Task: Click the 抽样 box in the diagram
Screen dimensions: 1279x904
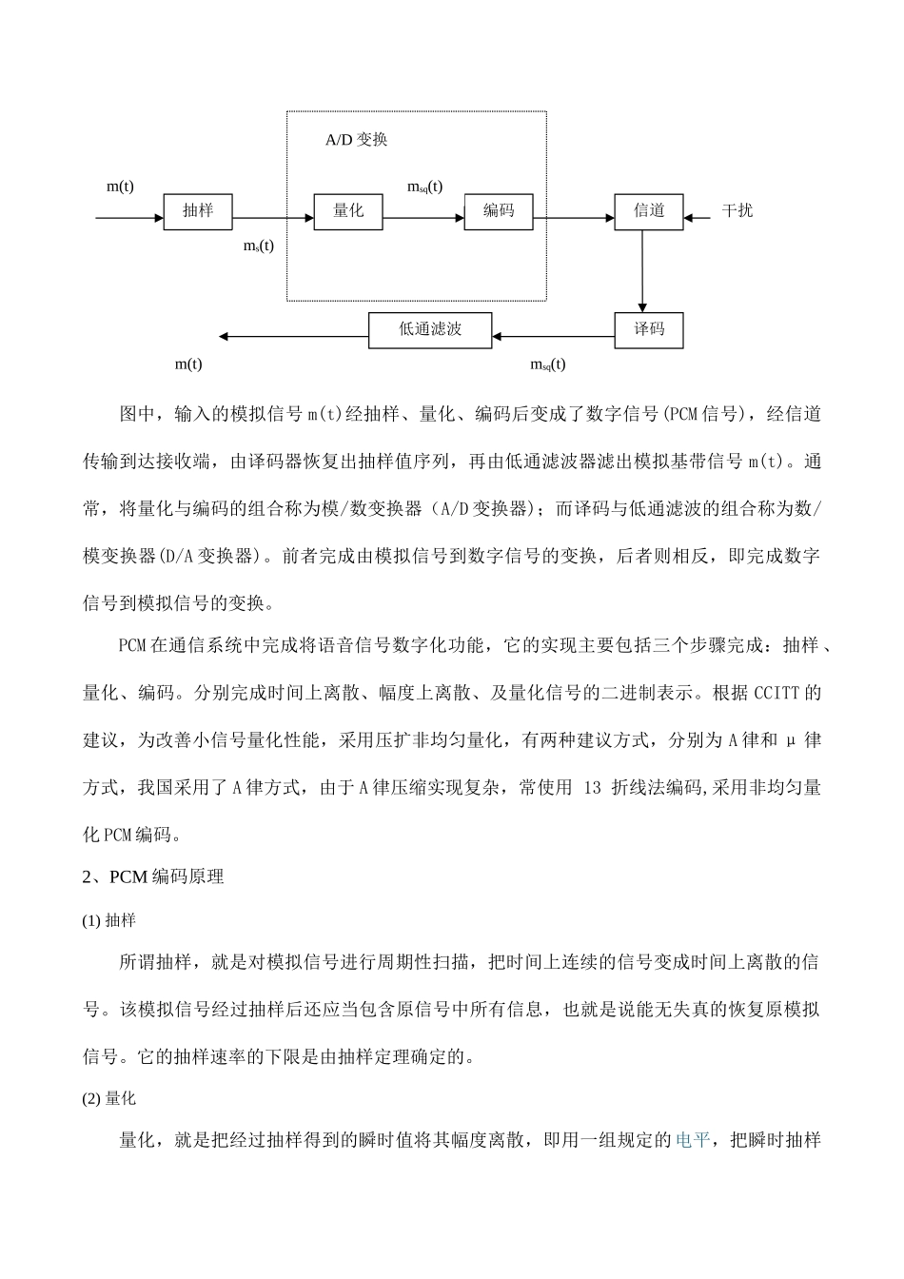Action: coord(198,211)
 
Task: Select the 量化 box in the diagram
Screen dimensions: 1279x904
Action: coord(348,211)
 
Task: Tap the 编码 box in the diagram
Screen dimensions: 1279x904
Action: coord(499,211)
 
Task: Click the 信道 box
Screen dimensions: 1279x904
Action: coord(649,211)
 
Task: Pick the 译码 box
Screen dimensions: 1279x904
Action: coord(649,329)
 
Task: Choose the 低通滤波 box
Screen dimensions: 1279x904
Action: coord(430,329)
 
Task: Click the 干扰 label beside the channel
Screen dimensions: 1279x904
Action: coord(737,211)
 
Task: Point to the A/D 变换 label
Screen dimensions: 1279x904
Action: coord(357,140)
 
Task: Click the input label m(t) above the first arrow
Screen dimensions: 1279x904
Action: coord(120,187)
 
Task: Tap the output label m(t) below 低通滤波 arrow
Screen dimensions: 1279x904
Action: coord(188,364)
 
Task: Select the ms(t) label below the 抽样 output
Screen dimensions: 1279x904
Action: coord(258,246)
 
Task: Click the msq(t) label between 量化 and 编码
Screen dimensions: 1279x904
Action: coord(424,187)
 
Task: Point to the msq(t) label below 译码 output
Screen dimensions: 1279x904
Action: coord(547,364)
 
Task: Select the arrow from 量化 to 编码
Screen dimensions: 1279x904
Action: coord(423,219)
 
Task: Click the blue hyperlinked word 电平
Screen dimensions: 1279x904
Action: coord(692,1140)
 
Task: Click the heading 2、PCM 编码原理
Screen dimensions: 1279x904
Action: coord(153,876)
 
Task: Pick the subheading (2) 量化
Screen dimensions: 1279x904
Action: coord(109,1098)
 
